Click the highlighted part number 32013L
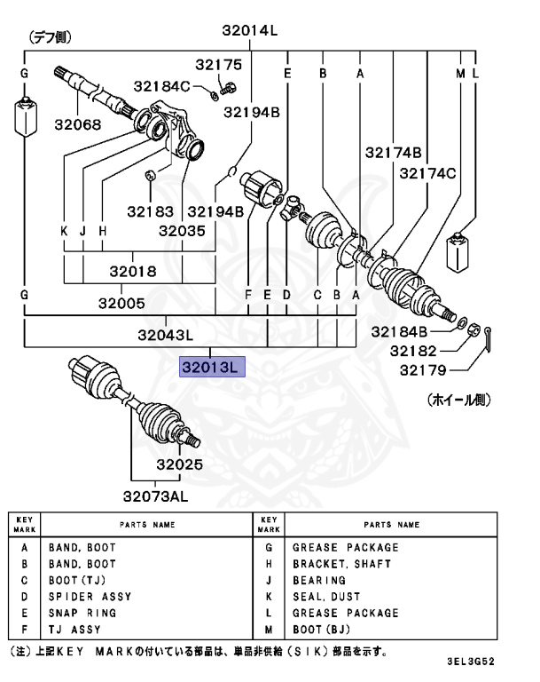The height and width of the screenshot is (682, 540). pyautogui.click(x=211, y=367)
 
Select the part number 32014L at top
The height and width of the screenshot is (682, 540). pyautogui.click(x=249, y=30)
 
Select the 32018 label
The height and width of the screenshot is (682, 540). pyautogui.click(x=133, y=272)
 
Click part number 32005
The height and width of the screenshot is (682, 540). pyautogui.click(x=121, y=303)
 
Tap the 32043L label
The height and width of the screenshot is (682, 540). pyautogui.click(x=165, y=335)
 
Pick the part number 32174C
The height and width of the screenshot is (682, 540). pyautogui.click(x=427, y=173)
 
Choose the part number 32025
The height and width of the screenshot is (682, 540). pyautogui.click(x=180, y=464)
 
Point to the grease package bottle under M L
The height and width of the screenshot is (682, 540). pyautogui.click(x=459, y=254)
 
